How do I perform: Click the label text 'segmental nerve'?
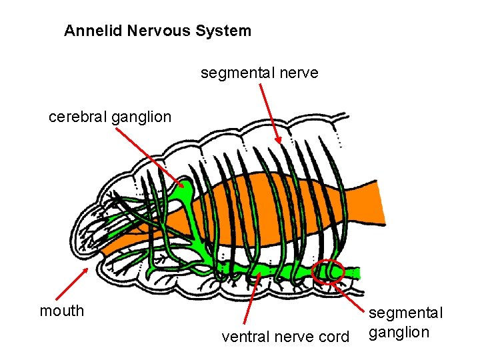(259, 73)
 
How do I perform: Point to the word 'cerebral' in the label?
(78, 117)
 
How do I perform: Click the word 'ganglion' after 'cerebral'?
(141, 118)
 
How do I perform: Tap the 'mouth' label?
(62, 311)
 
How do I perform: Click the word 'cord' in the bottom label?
(333, 337)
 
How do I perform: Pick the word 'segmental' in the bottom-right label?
(405, 313)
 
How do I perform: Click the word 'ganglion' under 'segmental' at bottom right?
(399, 332)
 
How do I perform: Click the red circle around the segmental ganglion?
(328, 271)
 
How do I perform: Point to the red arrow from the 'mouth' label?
(71, 283)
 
